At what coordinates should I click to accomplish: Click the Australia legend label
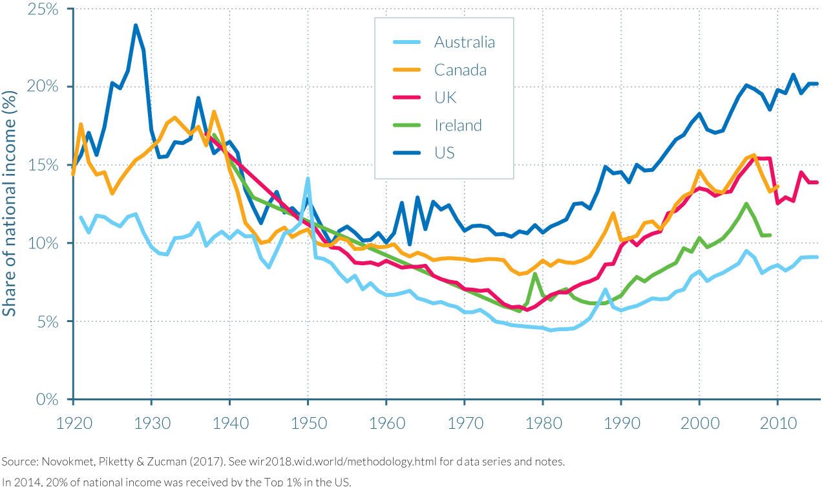(x=464, y=43)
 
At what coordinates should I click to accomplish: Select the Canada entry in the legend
(x=460, y=70)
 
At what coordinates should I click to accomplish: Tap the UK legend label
(x=445, y=97)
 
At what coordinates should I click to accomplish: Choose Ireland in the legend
(x=458, y=125)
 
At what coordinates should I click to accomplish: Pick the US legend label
(x=445, y=153)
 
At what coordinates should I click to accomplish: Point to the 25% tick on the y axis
(x=43, y=10)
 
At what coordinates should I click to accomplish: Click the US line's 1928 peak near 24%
(x=136, y=26)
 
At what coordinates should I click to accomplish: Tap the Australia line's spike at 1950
(x=308, y=179)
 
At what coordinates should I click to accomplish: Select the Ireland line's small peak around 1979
(x=535, y=274)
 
